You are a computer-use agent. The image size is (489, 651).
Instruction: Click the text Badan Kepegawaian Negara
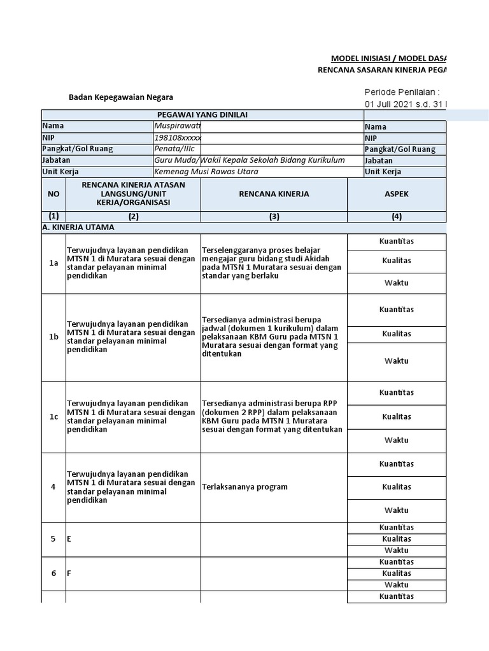(121, 97)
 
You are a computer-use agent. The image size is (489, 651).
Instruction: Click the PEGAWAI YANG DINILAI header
(202, 114)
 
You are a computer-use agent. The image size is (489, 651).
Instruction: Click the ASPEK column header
(397, 194)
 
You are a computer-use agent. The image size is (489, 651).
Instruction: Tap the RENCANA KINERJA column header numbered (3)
(274, 194)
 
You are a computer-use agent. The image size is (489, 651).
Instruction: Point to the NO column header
(53, 194)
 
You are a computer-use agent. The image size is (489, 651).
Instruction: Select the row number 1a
(53, 263)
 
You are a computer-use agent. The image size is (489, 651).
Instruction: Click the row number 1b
(53, 337)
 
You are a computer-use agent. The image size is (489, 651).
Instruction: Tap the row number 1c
(53, 417)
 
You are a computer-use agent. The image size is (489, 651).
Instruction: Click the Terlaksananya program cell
(244, 487)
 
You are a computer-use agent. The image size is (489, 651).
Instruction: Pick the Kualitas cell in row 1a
(397, 261)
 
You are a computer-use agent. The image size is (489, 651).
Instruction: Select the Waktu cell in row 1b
(397, 361)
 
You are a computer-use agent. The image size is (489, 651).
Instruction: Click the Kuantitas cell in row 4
(397, 464)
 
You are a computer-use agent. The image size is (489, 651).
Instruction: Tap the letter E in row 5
(69, 539)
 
